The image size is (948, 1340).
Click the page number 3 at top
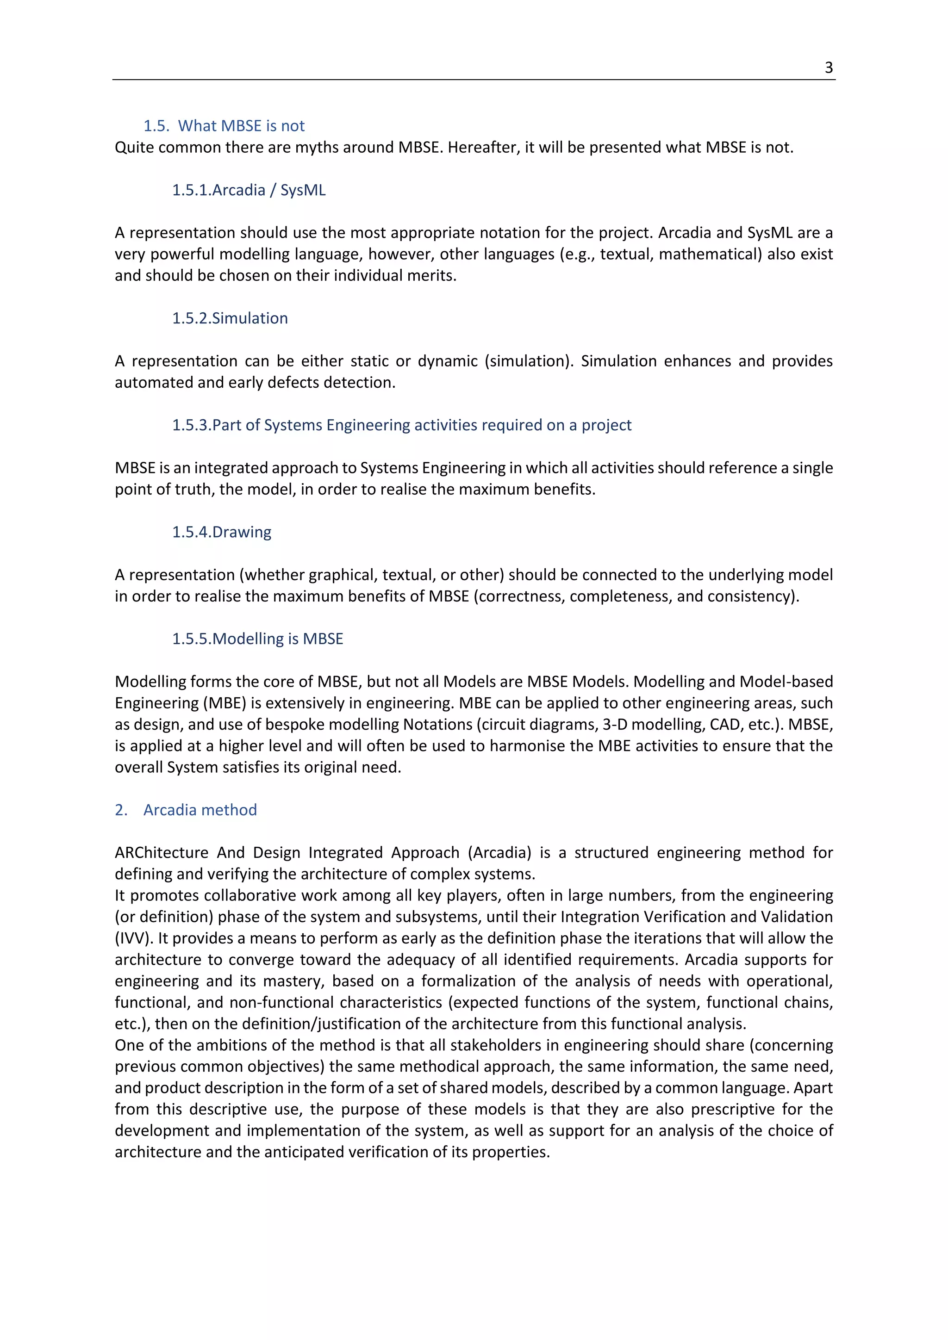click(828, 68)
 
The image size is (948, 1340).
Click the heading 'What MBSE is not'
click(241, 125)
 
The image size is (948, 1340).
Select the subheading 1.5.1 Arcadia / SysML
click(249, 190)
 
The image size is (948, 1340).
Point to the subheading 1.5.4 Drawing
click(221, 532)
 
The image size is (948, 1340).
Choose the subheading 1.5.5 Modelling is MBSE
click(257, 639)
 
